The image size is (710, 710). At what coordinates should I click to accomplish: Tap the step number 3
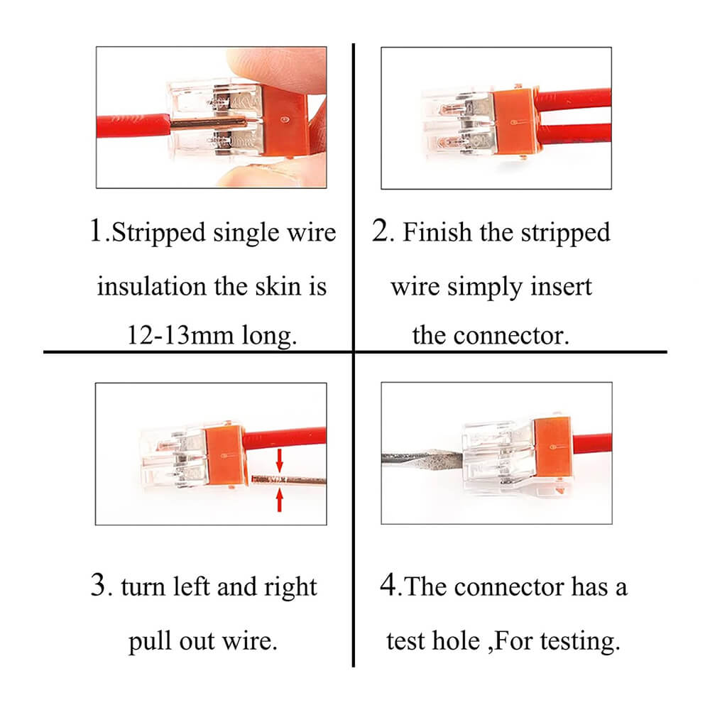pos(98,584)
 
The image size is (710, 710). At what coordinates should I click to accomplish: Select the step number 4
pos(388,584)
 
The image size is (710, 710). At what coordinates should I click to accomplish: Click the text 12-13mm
pos(180,335)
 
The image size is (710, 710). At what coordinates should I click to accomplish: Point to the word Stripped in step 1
pos(158,234)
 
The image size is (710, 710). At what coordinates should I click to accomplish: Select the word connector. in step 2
pos(511,336)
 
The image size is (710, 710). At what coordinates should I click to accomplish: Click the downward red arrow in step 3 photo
pos(279,460)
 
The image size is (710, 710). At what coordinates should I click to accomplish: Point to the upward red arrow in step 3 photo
pos(279,500)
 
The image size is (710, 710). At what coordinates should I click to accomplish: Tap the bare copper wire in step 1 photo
pos(208,123)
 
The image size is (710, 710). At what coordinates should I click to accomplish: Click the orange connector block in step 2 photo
pos(516,119)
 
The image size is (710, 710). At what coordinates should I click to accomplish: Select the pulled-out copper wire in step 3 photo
pos(288,479)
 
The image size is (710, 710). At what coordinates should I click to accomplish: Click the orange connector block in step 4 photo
pos(554,448)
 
